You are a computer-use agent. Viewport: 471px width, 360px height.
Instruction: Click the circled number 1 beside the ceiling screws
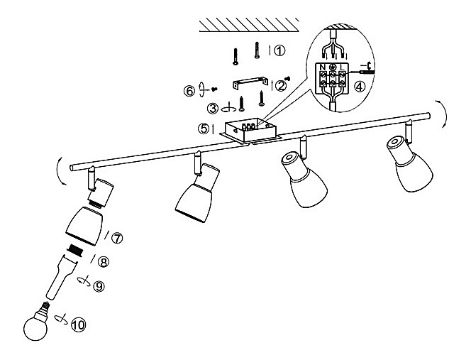(x=279, y=51)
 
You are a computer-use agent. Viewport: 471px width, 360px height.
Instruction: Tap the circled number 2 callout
(x=281, y=86)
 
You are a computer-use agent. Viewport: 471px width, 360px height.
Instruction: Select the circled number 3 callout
(x=212, y=108)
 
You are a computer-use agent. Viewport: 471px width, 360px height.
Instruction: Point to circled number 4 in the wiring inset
(x=360, y=88)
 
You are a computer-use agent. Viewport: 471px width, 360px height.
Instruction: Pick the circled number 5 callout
(x=204, y=129)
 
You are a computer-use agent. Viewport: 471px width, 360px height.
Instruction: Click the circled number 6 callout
(x=189, y=90)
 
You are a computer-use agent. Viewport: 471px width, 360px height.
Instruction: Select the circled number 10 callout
(x=78, y=325)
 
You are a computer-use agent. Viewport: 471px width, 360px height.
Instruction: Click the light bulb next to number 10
(x=35, y=324)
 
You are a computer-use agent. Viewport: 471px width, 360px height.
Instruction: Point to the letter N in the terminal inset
(x=323, y=67)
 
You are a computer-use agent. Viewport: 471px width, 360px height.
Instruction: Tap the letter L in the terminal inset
(x=343, y=68)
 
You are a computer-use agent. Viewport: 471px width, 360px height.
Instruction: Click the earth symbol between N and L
(x=333, y=67)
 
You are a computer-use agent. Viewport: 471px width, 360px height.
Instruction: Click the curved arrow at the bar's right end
(x=442, y=113)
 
